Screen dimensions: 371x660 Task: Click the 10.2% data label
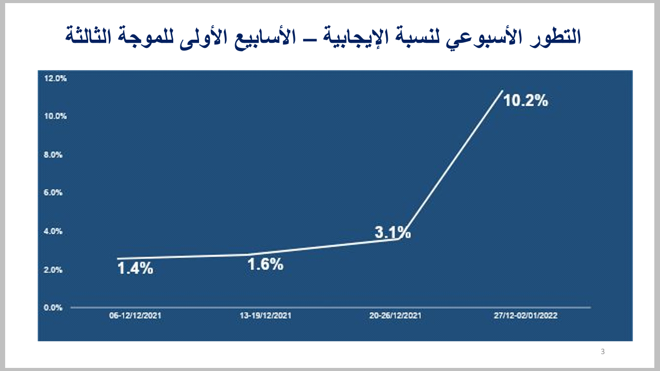coord(525,100)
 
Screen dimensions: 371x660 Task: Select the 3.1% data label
coord(392,233)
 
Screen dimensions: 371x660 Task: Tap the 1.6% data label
coord(265,265)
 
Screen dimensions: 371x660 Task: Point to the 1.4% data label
coord(135,268)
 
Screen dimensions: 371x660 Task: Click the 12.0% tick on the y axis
coord(56,78)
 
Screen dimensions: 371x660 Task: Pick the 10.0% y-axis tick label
coord(56,116)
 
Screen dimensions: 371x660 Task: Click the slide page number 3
coord(603,352)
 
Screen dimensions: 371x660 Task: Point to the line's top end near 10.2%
coord(502,91)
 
